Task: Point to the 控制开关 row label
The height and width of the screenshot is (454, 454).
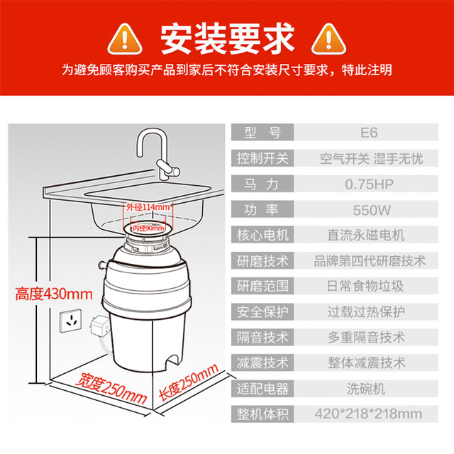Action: pyautogui.click(x=262, y=158)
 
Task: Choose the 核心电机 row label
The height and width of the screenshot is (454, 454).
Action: pyautogui.click(x=262, y=235)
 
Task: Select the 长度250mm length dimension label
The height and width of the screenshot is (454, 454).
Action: pyautogui.click(x=188, y=383)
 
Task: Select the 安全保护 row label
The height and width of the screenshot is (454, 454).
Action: pyautogui.click(x=262, y=311)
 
